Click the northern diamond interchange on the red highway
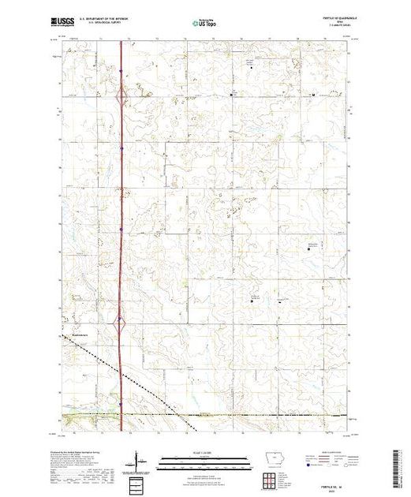[121, 98]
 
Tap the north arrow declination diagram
[138, 460]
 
